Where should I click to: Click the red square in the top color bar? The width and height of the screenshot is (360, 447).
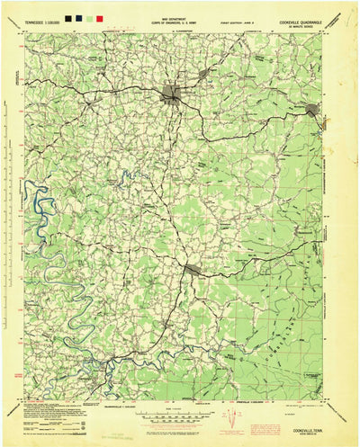(98, 17)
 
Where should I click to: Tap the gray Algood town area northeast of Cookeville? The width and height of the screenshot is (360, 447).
(205, 72)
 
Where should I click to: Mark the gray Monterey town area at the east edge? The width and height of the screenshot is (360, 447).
(312, 110)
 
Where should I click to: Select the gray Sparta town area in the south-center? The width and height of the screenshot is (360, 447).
(192, 268)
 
